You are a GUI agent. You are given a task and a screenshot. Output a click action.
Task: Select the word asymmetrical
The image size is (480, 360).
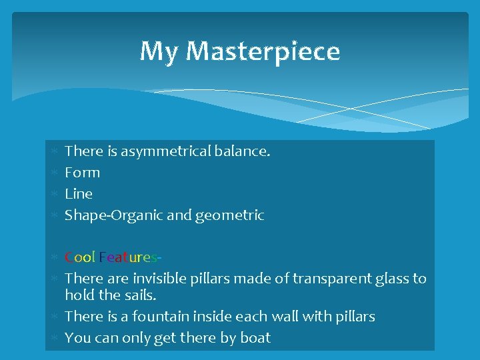tap(167, 151)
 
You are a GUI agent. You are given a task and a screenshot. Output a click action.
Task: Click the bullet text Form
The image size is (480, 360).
tap(82, 173)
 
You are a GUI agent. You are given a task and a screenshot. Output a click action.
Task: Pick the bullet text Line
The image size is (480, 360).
tap(79, 194)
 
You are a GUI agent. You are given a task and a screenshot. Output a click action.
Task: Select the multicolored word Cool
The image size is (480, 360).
tap(80, 257)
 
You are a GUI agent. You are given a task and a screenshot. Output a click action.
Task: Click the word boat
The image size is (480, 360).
tap(255, 338)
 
